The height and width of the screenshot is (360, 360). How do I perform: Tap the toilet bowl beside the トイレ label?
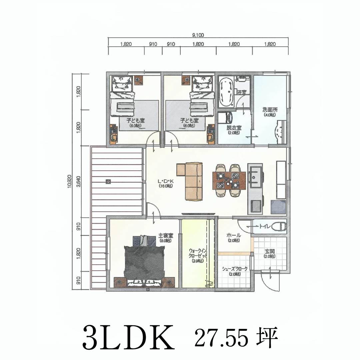coord(279,227)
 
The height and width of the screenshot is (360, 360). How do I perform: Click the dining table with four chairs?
coord(229,180)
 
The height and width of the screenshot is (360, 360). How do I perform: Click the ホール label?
coord(234,236)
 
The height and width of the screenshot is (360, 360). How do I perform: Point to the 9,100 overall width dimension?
coord(198,35)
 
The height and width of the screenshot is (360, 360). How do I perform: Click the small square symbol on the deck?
coord(108,182)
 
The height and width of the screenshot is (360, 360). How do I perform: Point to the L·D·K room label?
coord(166,182)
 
